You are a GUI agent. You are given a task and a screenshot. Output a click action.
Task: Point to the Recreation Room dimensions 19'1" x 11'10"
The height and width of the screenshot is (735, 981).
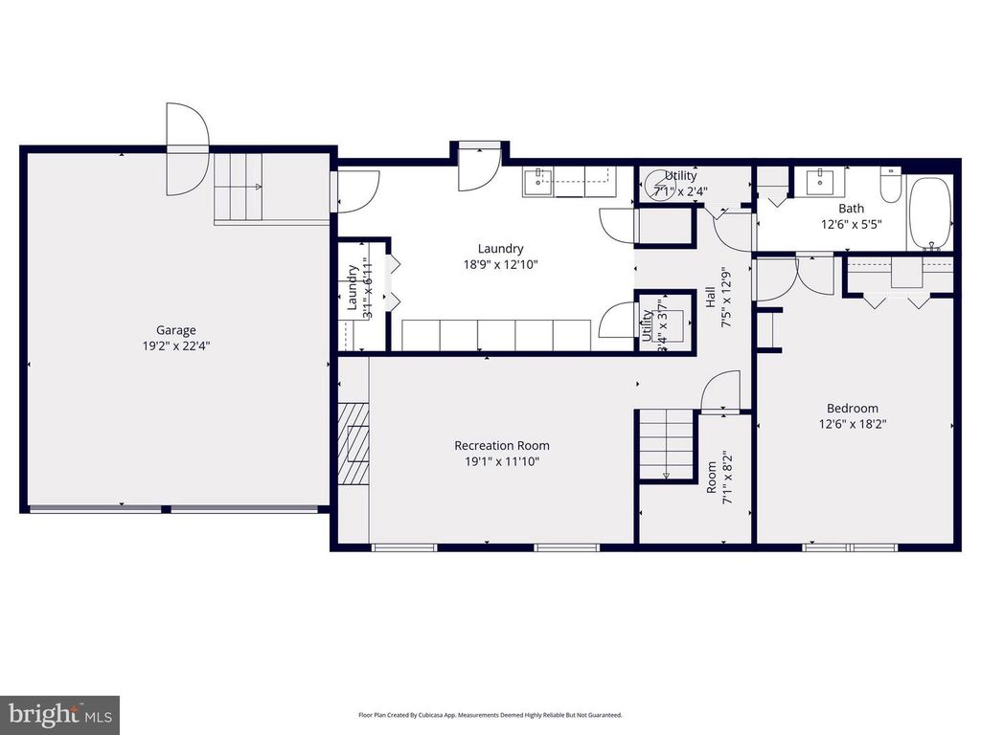click(x=501, y=461)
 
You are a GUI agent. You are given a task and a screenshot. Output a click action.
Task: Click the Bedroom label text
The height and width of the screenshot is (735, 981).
click(x=852, y=409)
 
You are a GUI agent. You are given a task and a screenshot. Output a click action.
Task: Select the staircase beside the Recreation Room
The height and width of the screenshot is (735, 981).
click(x=667, y=445)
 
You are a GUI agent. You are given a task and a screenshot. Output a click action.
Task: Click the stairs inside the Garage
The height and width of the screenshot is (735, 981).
click(x=238, y=187)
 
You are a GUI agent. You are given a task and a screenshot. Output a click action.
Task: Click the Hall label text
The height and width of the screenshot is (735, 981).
click(x=711, y=299)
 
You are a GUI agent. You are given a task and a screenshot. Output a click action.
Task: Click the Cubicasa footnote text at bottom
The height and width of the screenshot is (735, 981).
click(x=490, y=715)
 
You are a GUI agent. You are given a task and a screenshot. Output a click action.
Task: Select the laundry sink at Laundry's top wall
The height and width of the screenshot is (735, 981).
click(x=540, y=181)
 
